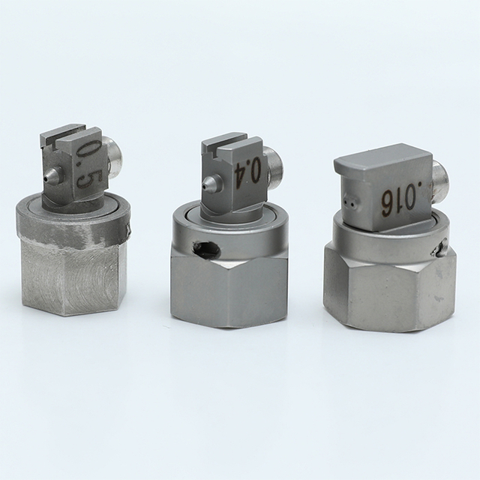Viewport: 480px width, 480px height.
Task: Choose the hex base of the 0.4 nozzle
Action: [x=229, y=289]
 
